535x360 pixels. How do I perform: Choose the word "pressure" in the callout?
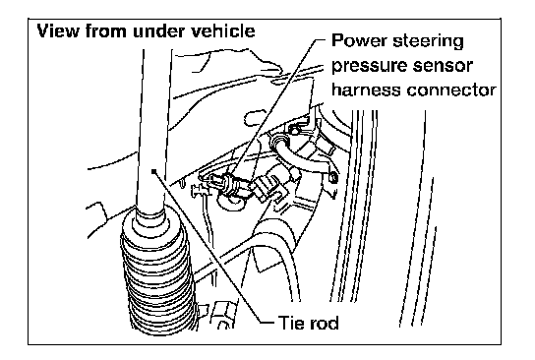coord(370,67)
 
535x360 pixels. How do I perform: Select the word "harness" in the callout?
coord(367,90)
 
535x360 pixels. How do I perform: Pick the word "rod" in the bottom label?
coord(324,323)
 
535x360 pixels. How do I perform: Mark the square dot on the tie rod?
coord(154,170)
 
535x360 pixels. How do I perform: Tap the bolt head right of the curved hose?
coord(333,177)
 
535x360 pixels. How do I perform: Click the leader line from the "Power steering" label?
coord(277,106)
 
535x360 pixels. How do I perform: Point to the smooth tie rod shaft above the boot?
coord(152,130)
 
